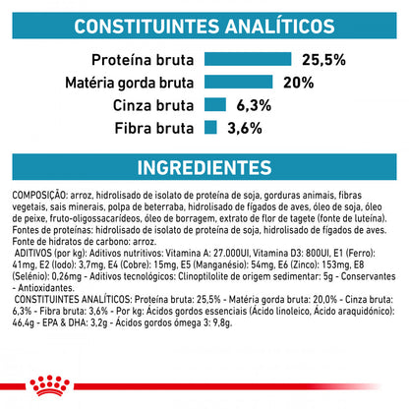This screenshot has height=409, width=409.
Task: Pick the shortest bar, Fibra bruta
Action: pyautogui.click(x=209, y=126)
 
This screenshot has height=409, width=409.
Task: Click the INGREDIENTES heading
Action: pyautogui.click(x=204, y=167)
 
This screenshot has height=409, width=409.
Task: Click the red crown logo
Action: pyautogui.click(x=204, y=386)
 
